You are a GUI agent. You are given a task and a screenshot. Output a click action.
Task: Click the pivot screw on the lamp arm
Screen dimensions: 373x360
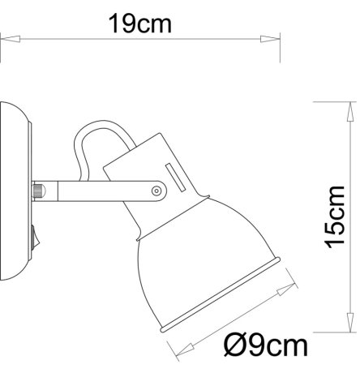click(156, 190)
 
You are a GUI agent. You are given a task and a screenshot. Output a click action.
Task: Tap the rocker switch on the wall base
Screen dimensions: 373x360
click(32, 238)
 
